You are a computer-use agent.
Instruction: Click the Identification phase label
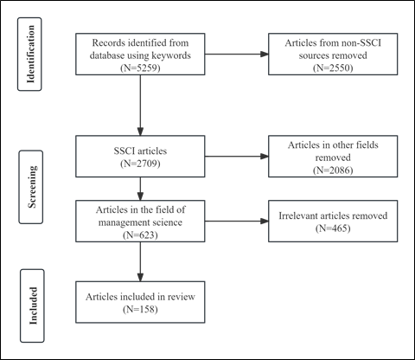(30, 55)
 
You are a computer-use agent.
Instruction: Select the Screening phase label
(32, 187)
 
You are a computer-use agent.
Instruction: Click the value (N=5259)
(140, 67)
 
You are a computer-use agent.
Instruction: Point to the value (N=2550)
(333, 67)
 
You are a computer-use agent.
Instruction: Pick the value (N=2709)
(140, 164)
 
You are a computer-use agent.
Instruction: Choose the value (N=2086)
(333, 170)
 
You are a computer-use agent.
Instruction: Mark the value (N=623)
(140, 235)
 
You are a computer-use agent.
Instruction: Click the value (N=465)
(333, 228)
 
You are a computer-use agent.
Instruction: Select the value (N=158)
(140, 309)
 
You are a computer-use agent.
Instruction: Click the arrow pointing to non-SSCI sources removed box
(237, 54)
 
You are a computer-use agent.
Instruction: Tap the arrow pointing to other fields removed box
(237, 157)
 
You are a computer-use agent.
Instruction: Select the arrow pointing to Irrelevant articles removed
(237, 222)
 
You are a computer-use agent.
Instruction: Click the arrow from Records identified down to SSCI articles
(140, 106)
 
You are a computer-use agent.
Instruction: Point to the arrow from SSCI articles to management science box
(140, 189)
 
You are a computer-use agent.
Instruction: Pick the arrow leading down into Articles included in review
(140, 261)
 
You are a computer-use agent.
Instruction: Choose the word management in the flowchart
(119, 222)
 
